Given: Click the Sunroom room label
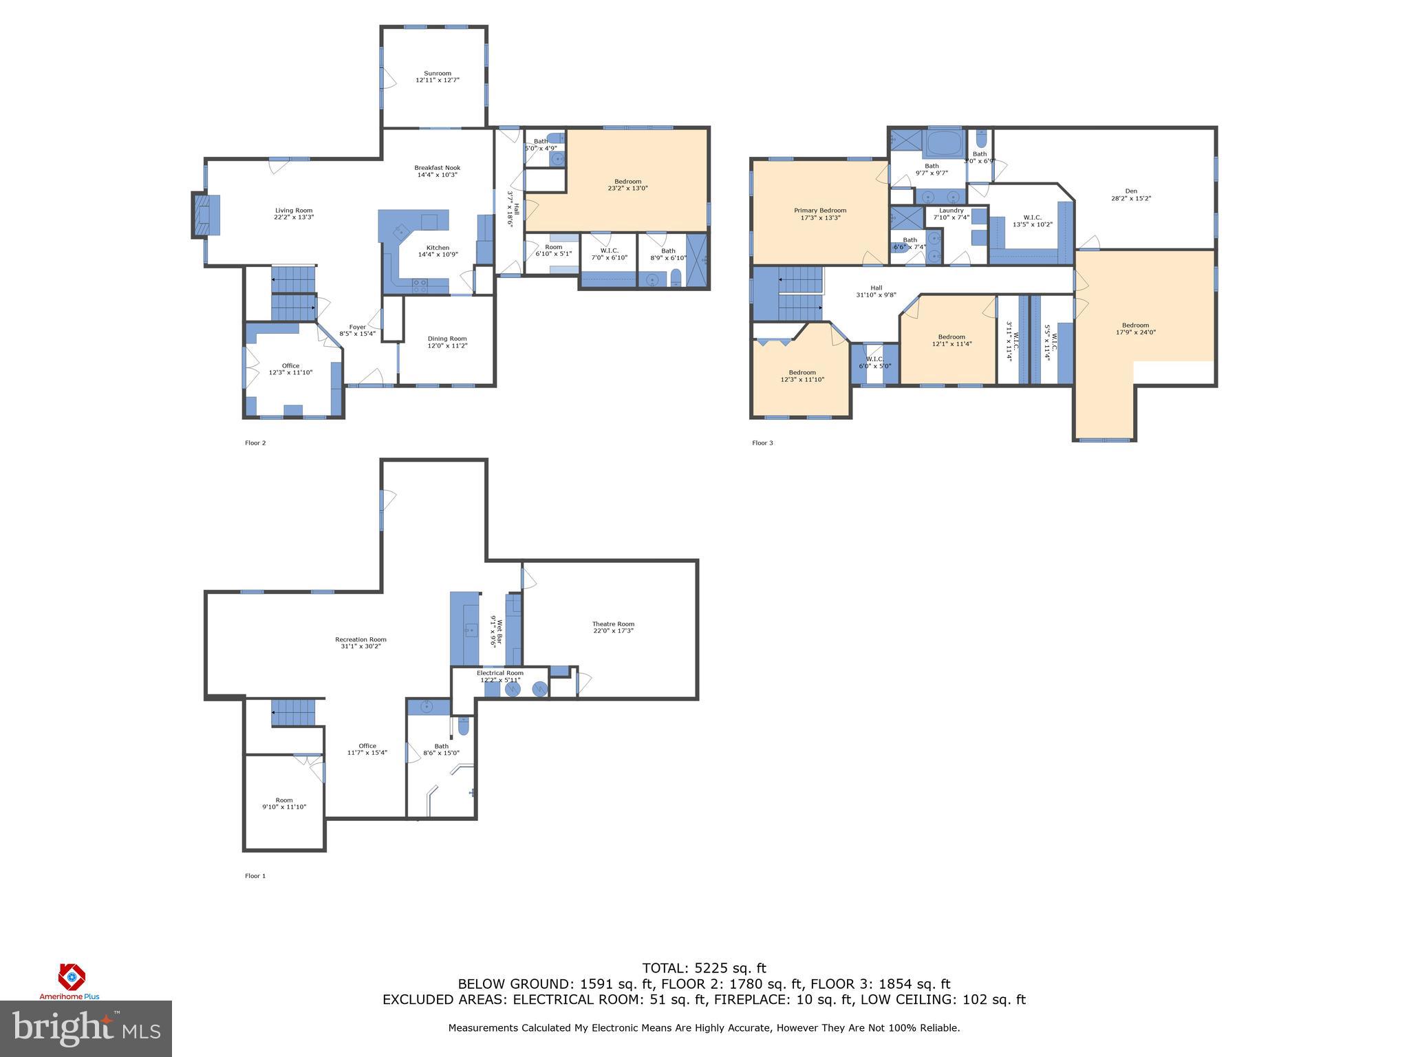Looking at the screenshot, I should pyautogui.click(x=437, y=74).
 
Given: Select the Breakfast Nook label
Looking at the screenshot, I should pyautogui.click(x=437, y=168).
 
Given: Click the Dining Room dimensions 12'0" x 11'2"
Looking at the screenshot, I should pyautogui.click(x=447, y=345).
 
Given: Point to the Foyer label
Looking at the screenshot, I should pyautogui.click(x=357, y=327).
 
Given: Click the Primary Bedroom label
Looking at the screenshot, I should pyautogui.click(x=819, y=211).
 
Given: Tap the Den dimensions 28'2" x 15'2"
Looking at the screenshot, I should pyautogui.click(x=1131, y=198).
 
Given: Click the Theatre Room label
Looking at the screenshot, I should pyautogui.click(x=613, y=624).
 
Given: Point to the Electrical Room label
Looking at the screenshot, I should pyautogui.click(x=499, y=673).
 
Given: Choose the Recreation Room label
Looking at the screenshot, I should pyautogui.click(x=361, y=639).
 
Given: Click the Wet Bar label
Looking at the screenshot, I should pyautogui.click(x=500, y=630).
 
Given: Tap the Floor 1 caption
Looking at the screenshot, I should pyautogui.click(x=255, y=876).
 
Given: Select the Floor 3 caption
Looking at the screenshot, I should pyautogui.click(x=762, y=443).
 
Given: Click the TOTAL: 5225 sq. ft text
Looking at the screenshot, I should pyautogui.click(x=703, y=968).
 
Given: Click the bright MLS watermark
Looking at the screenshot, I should pyautogui.click(x=85, y=1028).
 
